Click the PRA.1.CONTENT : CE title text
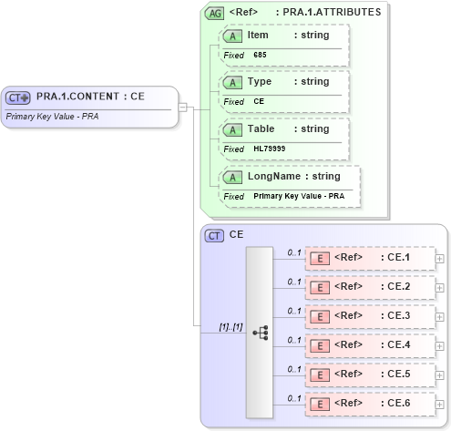[x=90, y=97]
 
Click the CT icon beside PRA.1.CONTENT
[x=18, y=97]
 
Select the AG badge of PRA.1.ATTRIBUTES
[x=215, y=13]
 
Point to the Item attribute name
[x=257, y=34]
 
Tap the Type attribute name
[x=259, y=81]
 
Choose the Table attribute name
[x=261, y=128]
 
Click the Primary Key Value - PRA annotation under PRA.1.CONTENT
[x=52, y=117]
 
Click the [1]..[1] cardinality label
[x=230, y=325]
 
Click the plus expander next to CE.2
[x=440, y=288]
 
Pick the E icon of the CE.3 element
[x=320, y=316]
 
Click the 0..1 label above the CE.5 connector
[x=293, y=369]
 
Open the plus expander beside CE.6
[x=440, y=405]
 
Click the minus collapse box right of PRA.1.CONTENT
[x=182, y=107]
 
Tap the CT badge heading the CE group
[x=215, y=235]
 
